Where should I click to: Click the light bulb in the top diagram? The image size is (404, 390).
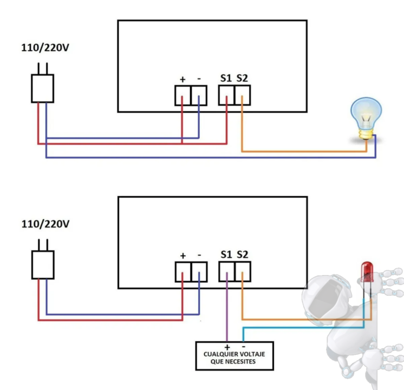coord(366,118)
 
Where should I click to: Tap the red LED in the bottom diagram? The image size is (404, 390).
coord(367,272)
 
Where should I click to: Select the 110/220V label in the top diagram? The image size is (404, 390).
coord(45,48)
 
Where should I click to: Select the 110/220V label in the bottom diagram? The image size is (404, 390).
coord(45,224)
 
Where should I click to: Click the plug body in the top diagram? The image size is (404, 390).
coord(43,88)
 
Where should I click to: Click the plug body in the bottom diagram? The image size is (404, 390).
coord(43,265)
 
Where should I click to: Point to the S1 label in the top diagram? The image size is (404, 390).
coord(226,78)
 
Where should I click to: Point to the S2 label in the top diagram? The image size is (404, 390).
coord(242,78)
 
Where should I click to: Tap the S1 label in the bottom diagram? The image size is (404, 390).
coord(226,255)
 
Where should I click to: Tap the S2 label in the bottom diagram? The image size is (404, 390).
coord(243,255)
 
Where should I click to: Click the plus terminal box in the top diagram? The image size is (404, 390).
coord(183,95)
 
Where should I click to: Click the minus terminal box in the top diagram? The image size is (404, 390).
coord(199,95)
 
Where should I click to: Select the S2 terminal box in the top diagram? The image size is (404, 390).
coord(243,95)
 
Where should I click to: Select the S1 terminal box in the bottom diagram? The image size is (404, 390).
coord(227,272)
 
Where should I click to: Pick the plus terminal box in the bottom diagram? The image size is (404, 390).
coord(183,272)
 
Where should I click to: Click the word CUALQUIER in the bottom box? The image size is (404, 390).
coord(218,354)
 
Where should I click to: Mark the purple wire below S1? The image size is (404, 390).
coord(227,307)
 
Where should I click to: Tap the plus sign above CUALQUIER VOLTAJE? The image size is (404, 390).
coord(227,347)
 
